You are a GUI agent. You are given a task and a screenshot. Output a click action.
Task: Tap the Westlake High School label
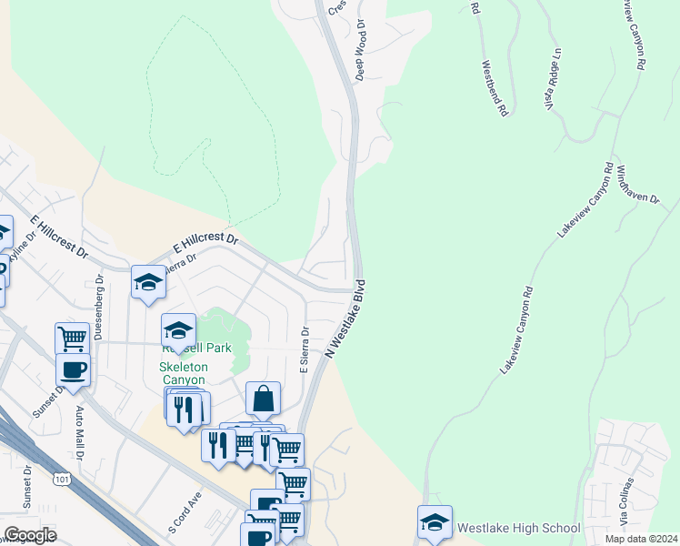click(518, 528)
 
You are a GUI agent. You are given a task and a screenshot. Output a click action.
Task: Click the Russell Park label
click(196, 348)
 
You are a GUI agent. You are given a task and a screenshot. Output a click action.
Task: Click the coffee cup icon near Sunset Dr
click(73, 370)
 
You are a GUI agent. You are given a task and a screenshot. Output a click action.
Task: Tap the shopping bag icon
click(263, 399)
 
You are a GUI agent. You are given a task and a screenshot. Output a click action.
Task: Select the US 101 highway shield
click(62, 479)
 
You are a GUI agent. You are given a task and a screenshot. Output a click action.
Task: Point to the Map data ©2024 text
click(641, 539)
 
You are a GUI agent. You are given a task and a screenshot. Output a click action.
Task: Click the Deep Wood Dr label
click(361, 50)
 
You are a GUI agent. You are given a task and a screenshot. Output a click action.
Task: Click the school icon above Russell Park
click(179, 329)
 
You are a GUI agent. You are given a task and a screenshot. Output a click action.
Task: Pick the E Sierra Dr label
click(305, 350)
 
